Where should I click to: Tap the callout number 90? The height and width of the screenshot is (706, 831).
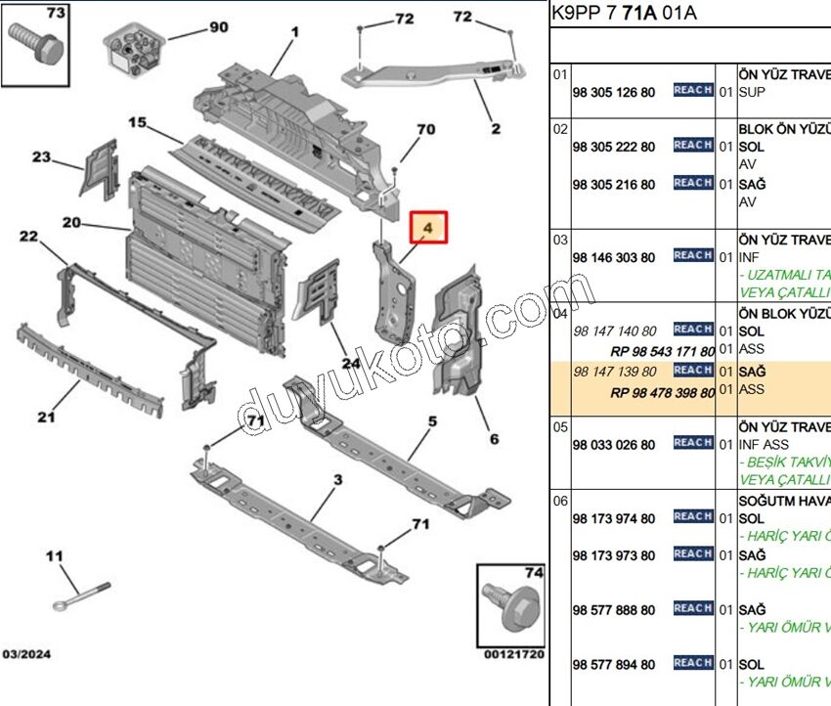(218, 27)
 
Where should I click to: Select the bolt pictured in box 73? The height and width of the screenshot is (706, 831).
(33, 44)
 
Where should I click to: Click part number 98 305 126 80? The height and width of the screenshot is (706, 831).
(614, 92)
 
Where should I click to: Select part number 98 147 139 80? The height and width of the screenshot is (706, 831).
(614, 372)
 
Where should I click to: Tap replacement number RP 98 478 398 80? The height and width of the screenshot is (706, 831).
(662, 393)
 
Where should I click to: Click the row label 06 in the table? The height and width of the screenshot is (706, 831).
(560, 500)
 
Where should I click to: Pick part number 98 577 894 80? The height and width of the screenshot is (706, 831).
(614, 665)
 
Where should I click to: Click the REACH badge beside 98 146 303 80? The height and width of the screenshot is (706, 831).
(692, 255)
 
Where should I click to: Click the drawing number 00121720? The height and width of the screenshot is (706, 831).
(511, 653)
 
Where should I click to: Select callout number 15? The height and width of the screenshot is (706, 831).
(137, 123)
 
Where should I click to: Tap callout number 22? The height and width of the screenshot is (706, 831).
(28, 236)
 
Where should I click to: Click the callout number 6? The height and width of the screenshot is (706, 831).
(494, 439)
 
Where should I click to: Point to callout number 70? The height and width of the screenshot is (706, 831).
(425, 129)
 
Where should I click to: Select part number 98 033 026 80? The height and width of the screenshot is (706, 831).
(614, 445)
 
